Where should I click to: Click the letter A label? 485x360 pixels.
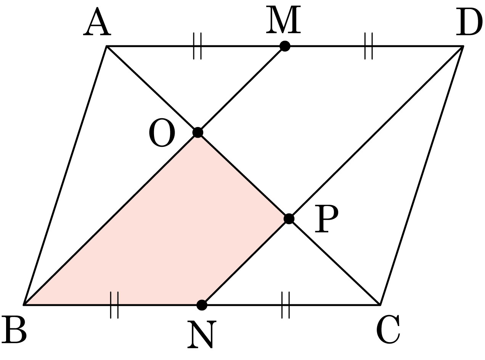[x=97, y=21]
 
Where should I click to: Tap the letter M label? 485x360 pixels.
[x=283, y=20]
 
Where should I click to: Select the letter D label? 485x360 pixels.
[x=469, y=21]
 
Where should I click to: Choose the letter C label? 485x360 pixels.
[x=388, y=329]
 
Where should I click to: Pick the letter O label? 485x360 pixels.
[x=162, y=133]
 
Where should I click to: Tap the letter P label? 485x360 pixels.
[x=326, y=219]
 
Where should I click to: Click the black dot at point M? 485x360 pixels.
[x=285, y=46]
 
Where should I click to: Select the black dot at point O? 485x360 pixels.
[x=198, y=132]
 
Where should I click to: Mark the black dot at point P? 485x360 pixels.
[x=289, y=219]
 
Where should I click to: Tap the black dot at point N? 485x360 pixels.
[x=202, y=305]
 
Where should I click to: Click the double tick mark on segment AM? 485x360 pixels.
[x=197, y=46]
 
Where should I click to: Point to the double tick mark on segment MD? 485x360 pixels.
[x=368, y=46]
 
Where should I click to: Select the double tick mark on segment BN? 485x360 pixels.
[x=114, y=305]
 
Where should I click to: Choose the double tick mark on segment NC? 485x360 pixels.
[x=286, y=305]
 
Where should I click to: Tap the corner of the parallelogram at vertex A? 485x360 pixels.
[x=106, y=46]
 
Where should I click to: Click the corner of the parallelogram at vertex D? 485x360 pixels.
[x=463, y=46]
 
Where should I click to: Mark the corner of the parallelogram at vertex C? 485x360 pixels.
[x=380, y=305]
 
